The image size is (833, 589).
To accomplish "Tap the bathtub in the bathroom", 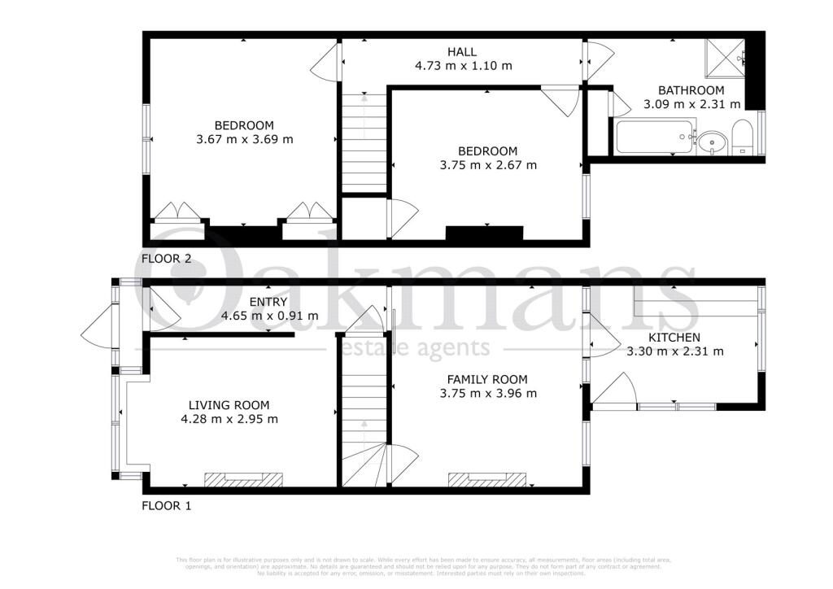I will click(x=655, y=137).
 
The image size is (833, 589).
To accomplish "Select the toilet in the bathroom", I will click(x=744, y=137).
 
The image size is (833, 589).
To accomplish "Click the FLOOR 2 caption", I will click(x=167, y=259).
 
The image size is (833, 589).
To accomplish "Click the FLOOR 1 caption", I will click(x=167, y=505).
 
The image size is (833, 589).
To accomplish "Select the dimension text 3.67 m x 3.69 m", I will click(x=244, y=139).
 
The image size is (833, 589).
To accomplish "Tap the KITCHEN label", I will click(x=674, y=338).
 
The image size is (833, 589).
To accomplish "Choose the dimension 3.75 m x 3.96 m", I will click(x=487, y=394).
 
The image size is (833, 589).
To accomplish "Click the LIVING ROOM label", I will click(x=229, y=405).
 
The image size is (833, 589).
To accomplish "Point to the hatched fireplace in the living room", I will click(x=243, y=479).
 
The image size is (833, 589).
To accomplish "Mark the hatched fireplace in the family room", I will click(x=487, y=479).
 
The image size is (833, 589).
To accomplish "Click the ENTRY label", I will click(x=268, y=302).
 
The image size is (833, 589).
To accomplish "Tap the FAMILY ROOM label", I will click(x=487, y=379).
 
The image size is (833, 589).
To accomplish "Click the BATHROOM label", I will click(x=691, y=90).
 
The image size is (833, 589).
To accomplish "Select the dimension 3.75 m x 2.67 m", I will click(x=487, y=165).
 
